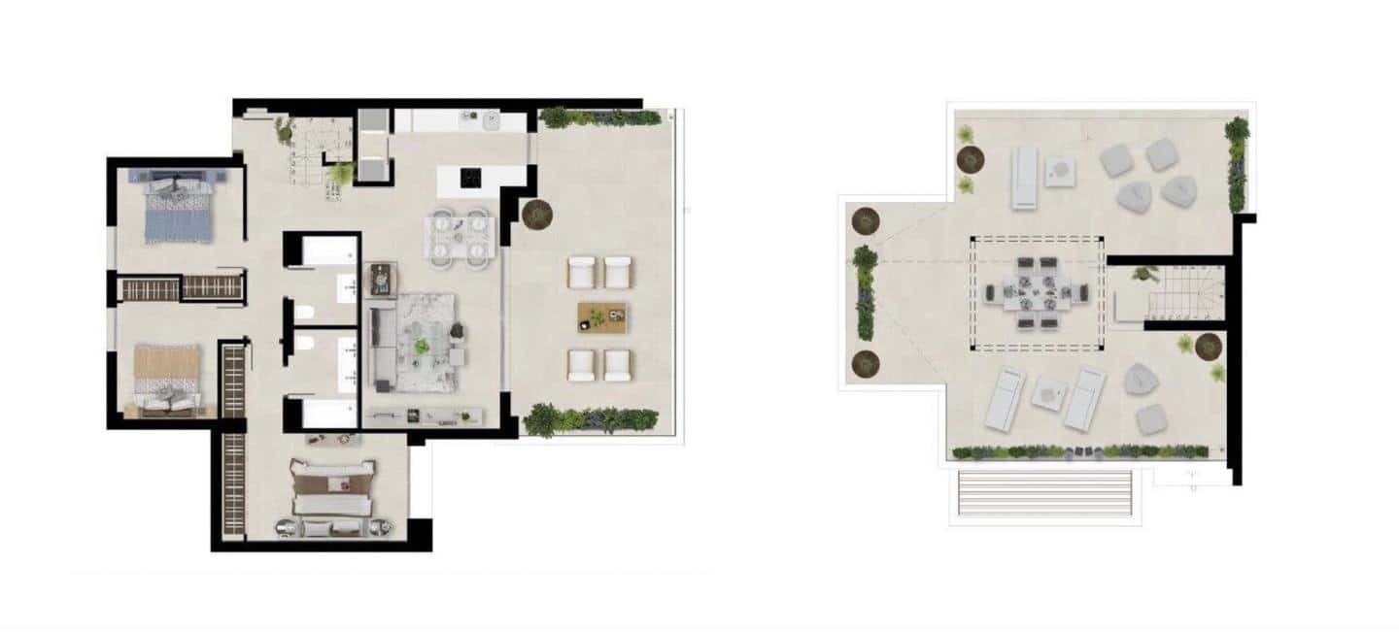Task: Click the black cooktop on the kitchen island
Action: [470, 178]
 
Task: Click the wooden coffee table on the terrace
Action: [601, 316]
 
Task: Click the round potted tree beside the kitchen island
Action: [535, 213]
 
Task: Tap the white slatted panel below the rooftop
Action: [1044, 494]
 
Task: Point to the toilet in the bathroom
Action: [305, 313]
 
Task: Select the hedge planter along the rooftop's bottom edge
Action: [1079, 452]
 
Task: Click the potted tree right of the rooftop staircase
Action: [1208, 345]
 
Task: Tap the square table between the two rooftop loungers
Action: [1048, 392]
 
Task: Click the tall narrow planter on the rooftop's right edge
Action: [1237, 165]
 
